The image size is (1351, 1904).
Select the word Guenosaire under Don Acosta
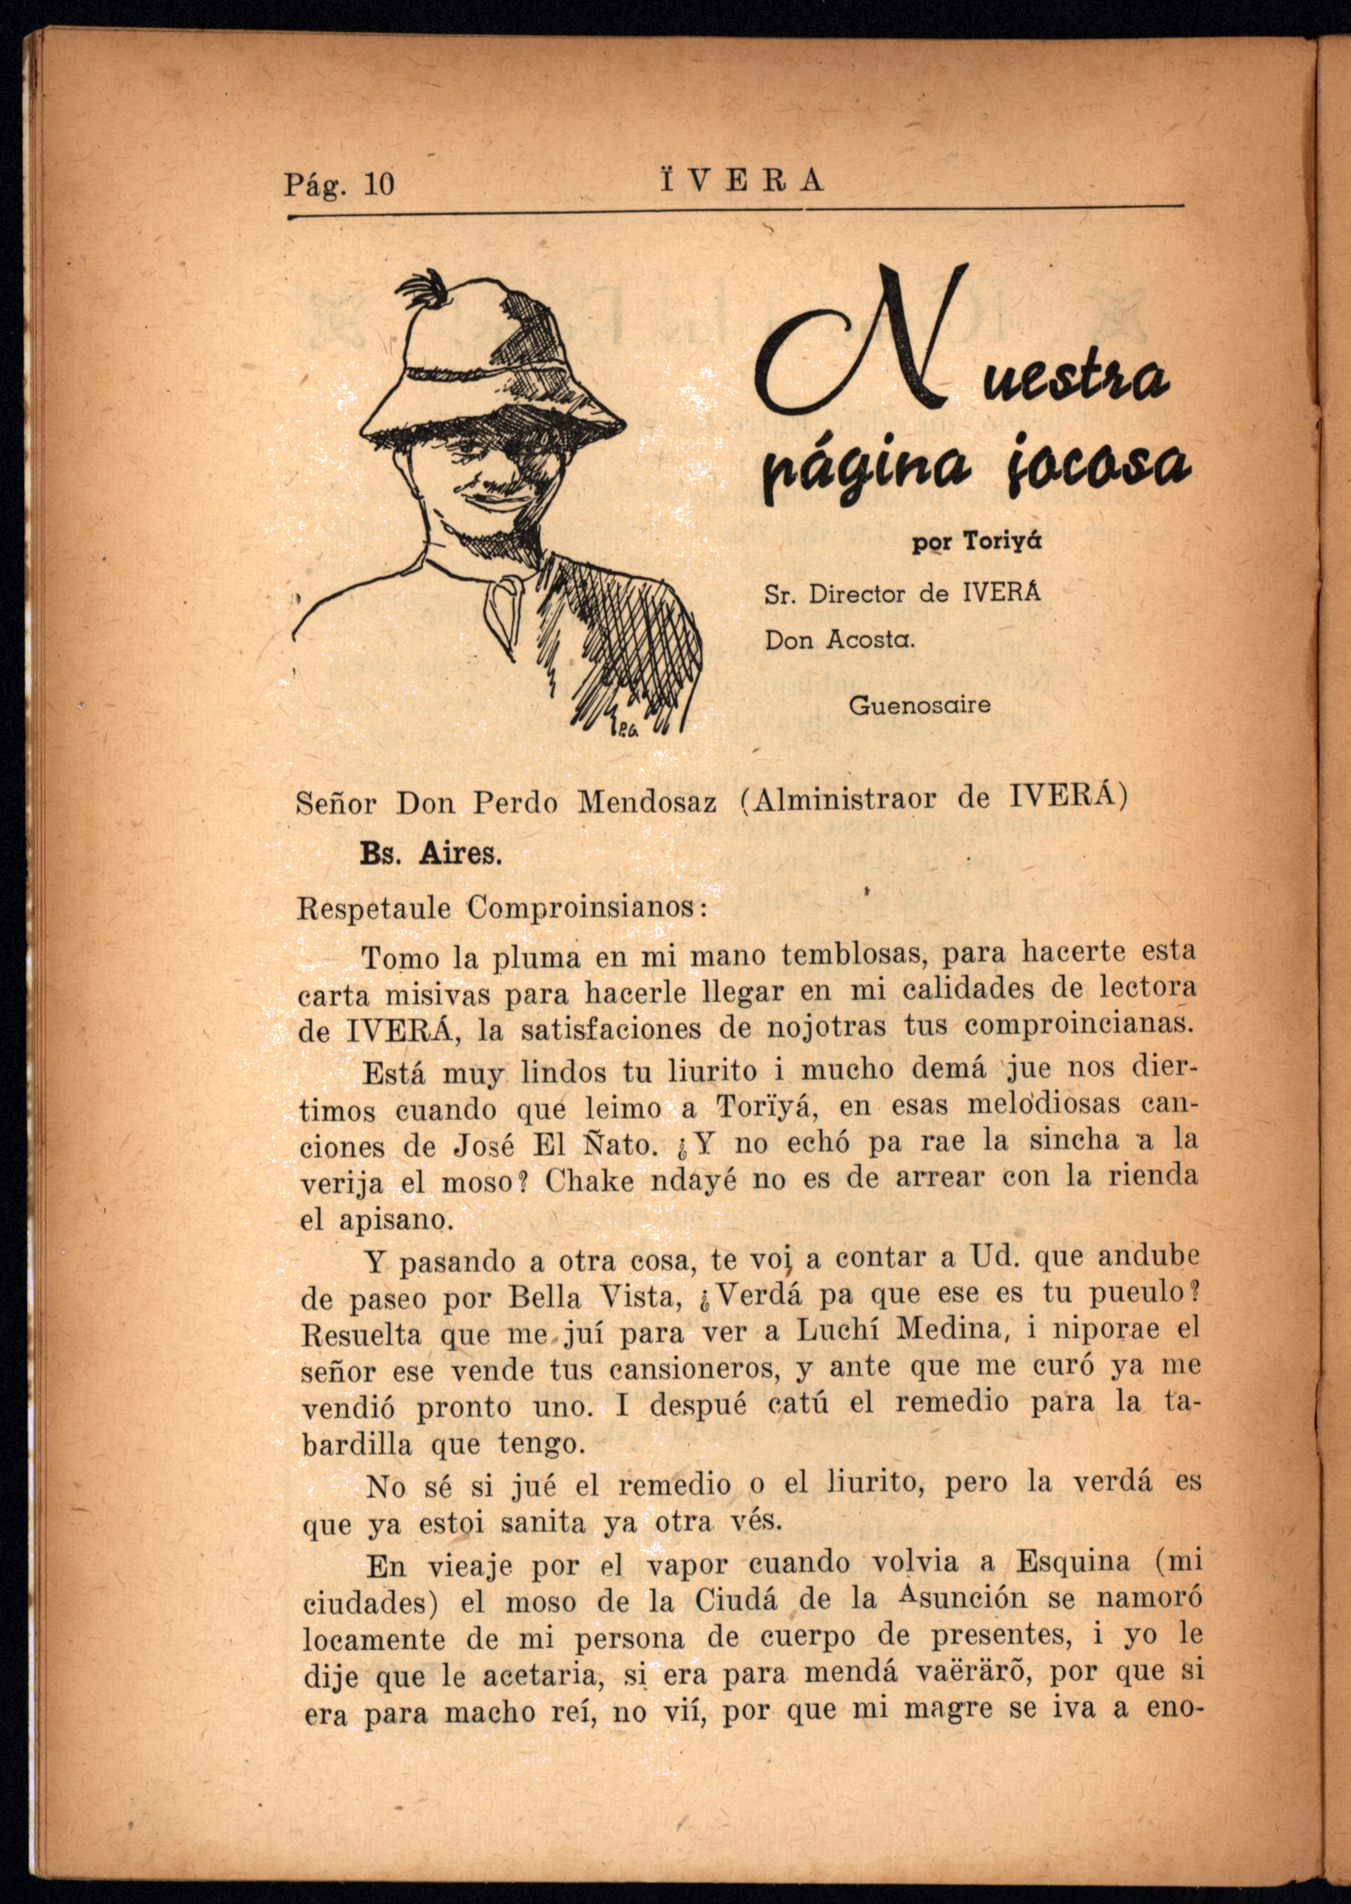coord(919,705)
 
